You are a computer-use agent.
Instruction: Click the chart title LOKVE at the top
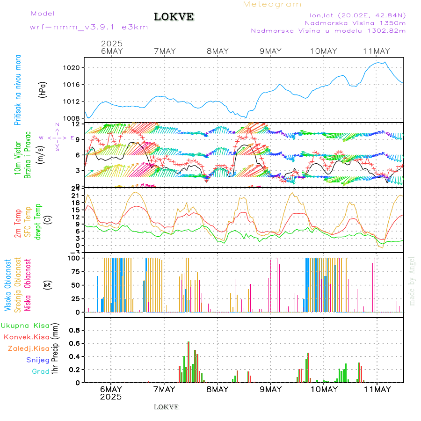coord(174,17)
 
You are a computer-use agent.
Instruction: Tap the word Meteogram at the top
coord(272,4)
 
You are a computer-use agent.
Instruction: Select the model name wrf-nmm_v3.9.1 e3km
coord(89,27)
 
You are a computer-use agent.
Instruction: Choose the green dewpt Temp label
coord(38,220)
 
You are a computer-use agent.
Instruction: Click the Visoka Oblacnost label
coord(8,285)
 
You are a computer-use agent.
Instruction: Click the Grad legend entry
coord(40,371)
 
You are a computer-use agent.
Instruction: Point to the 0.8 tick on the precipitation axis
coord(75,330)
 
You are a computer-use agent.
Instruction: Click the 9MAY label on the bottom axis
coord(270,389)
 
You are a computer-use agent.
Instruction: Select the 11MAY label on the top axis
coord(377,51)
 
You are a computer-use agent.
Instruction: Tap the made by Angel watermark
coord(412,281)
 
